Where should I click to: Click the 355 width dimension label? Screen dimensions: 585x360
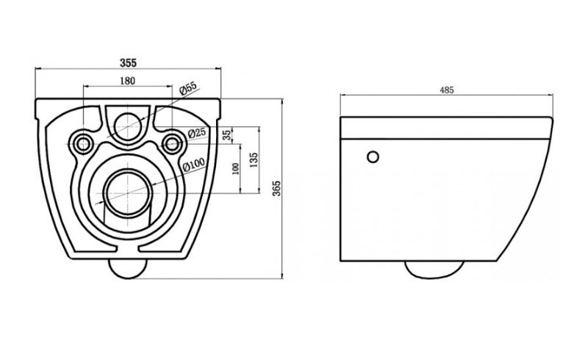pyautogui.click(x=128, y=62)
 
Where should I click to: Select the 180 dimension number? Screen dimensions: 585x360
pyautogui.click(x=128, y=80)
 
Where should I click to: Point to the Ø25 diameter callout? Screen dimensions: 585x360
pyautogui.click(x=196, y=132)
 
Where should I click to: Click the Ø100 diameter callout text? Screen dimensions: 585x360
pyautogui.click(x=193, y=165)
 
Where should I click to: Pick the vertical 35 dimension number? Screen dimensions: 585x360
pyautogui.click(x=227, y=135)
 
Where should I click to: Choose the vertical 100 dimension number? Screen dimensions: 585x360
pyautogui.click(x=235, y=169)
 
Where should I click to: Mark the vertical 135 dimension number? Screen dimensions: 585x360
pyautogui.click(x=254, y=159)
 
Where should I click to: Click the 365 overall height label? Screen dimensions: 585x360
pyautogui.click(x=276, y=188)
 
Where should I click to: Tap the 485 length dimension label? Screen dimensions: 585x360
pyautogui.click(x=447, y=90)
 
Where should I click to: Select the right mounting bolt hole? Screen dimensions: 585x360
pyautogui.click(x=172, y=143)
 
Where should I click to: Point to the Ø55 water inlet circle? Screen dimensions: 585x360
pyautogui.click(x=128, y=126)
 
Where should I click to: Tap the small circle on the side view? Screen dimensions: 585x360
pyautogui.click(x=373, y=157)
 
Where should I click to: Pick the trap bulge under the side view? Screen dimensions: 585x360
pyautogui.click(x=434, y=270)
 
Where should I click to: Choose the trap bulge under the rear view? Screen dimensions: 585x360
pyautogui.click(x=128, y=269)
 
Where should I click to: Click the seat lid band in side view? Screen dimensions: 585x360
pyautogui.click(x=446, y=128)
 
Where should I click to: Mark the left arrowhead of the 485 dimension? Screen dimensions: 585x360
pyautogui.click(x=342, y=95)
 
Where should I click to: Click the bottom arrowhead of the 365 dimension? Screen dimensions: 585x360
pyautogui.click(x=282, y=276)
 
